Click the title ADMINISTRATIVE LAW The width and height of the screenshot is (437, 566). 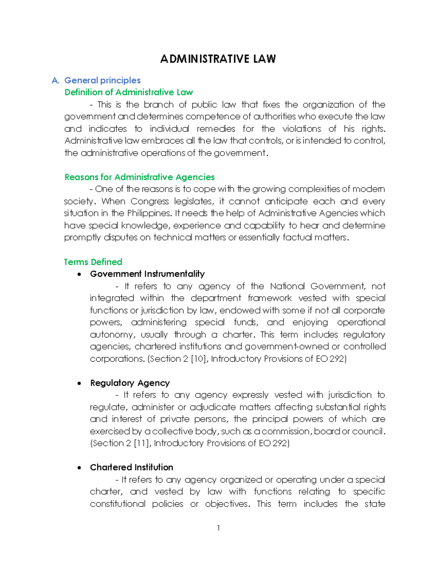(218, 59)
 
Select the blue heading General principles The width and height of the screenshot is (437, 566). (102, 81)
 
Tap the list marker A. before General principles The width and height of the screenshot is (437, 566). (55, 81)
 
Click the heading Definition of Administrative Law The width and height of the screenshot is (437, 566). (129, 92)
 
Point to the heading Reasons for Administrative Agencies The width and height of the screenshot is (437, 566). (139, 177)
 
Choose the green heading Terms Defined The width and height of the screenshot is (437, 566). (93, 262)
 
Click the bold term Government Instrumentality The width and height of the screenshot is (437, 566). (147, 274)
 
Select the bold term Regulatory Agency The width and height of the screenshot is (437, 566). (130, 383)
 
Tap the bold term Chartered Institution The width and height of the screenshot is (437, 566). (131, 467)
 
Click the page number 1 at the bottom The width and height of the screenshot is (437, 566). (218, 528)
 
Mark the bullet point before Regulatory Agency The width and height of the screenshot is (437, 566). (79, 383)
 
